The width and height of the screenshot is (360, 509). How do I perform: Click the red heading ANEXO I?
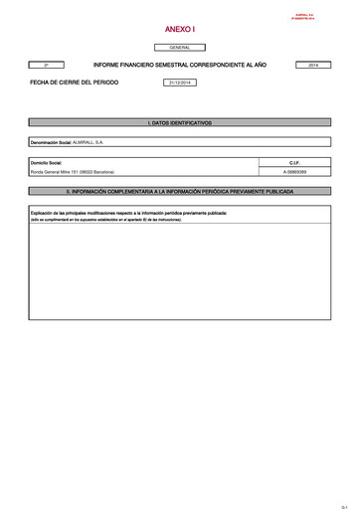coord(180,30)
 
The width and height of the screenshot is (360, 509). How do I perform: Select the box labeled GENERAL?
coord(180,48)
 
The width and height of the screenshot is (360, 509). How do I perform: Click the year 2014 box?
coord(313,65)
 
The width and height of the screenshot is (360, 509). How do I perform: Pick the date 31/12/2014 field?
coord(180,83)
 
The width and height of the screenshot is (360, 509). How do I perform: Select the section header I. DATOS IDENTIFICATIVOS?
coord(180,122)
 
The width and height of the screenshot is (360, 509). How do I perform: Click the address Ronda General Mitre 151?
coord(60,172)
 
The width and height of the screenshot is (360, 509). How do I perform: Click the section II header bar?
coord(180,189)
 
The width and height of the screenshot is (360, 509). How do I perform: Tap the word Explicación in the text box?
coord(45,213)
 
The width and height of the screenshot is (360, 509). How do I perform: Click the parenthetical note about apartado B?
coord(100,219)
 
